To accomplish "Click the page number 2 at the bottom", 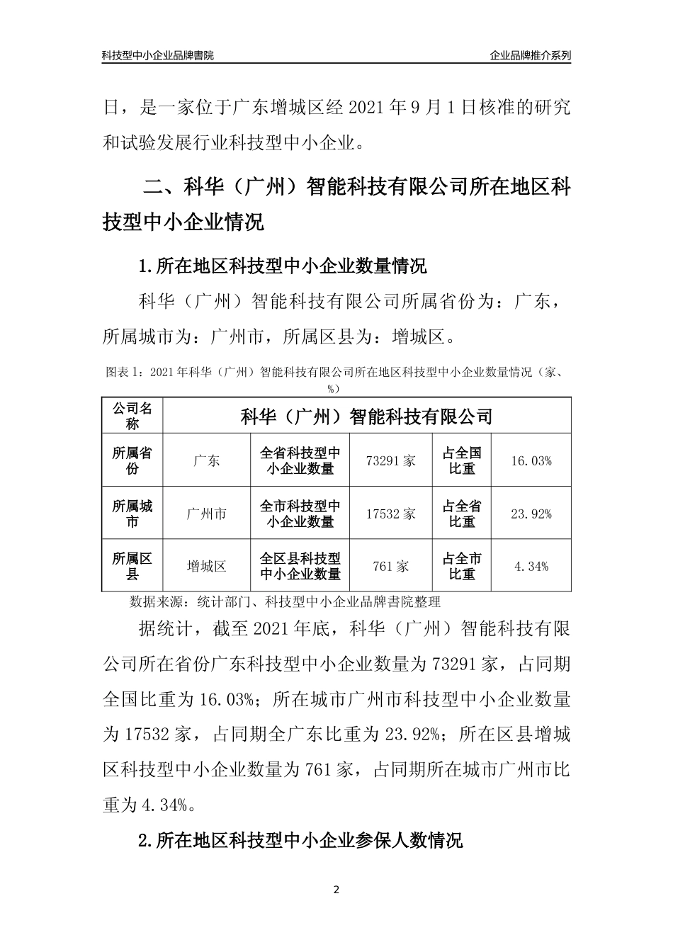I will (x=336, y=890).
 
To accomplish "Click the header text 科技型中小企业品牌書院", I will (x=157, y=55).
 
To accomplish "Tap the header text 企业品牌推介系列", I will (x=530, y=55).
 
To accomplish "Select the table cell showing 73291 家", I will (x=390, y=460).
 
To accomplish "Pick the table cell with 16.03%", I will (x=531, y=460).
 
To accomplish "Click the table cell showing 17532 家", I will (x=390, y=514).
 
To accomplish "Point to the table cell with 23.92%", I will (x=531, y=514).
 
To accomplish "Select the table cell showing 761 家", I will (x=390, y=566).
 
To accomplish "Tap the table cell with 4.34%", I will (x=531, y=566).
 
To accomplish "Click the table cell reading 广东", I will (x=206, y=460).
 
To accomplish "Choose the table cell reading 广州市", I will (x=206, y=514).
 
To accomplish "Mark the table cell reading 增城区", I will (x=206, y=566).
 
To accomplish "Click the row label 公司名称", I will (x=132, y=416).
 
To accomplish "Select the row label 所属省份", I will (x=132, y=460).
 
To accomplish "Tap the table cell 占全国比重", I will (x=462, y=460).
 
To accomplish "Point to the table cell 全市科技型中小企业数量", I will (x=300, y=514).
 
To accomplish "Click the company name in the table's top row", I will (x=366, y=416).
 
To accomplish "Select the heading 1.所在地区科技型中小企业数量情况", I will (x=283, y=267).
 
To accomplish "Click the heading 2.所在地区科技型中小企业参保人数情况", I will (x=300, y=840).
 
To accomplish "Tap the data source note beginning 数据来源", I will (x=285, y=602).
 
